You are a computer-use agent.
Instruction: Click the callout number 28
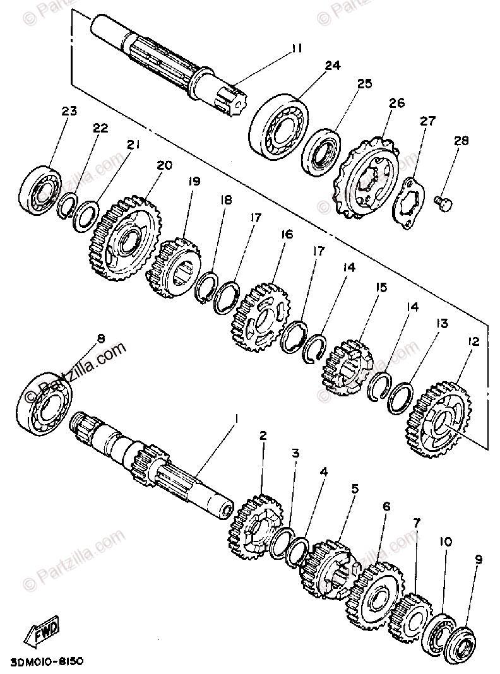[461, 141]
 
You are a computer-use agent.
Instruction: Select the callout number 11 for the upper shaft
[297, 47]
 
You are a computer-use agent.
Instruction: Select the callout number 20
[164, 166]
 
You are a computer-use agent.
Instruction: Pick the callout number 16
[287, 234]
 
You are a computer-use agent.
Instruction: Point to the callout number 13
[441, 324]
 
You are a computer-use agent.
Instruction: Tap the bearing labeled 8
[48, 403]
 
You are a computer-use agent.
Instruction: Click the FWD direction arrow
[43, 630]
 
